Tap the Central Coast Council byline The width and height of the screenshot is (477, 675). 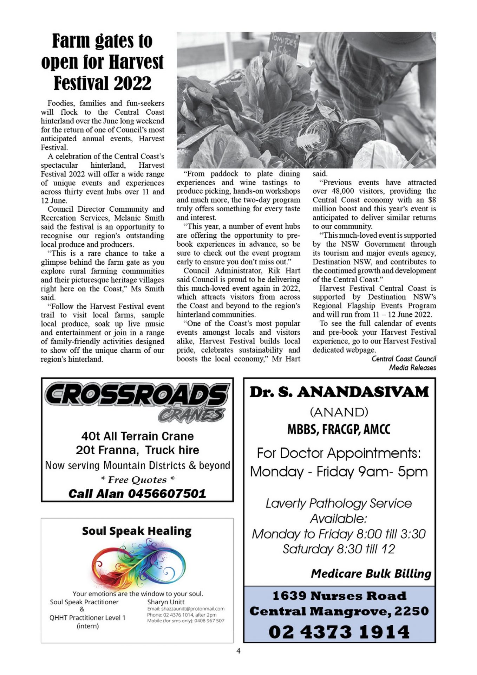[404, 359]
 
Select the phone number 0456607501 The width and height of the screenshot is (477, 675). [167, 494]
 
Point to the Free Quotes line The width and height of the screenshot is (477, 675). [137, 480]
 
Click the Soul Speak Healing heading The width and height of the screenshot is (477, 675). [137, 531]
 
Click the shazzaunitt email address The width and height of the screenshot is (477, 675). [186, 609]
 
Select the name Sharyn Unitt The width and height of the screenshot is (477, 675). [166, 602]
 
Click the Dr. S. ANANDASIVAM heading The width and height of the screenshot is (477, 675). [339, 392]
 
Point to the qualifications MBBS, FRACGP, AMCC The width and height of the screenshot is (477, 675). [339, 429]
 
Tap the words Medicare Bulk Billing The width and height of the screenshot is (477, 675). [371, 574]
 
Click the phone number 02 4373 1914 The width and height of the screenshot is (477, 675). [339, 632]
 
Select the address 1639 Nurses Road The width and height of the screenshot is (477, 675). [339, 596]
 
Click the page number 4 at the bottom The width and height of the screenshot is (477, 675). [238, 651]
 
